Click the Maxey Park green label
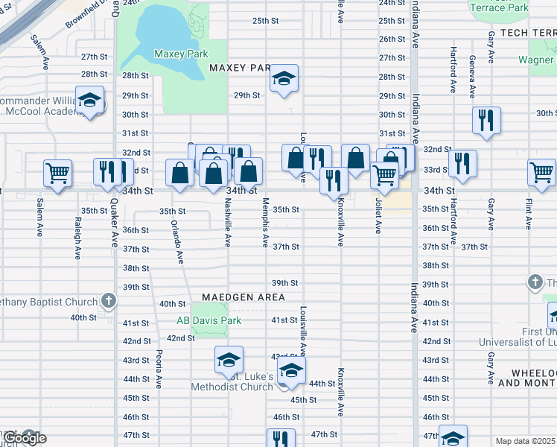click(180, 54)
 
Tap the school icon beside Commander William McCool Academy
click(89, 101)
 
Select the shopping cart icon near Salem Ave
click(58, 173)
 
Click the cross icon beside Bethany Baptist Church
click(109, 301)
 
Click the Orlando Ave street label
click(177, 241)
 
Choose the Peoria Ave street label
click(159, 370)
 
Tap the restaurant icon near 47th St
click(281, 440)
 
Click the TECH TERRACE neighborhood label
click(528, 33)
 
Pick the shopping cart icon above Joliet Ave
click(384, 175)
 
